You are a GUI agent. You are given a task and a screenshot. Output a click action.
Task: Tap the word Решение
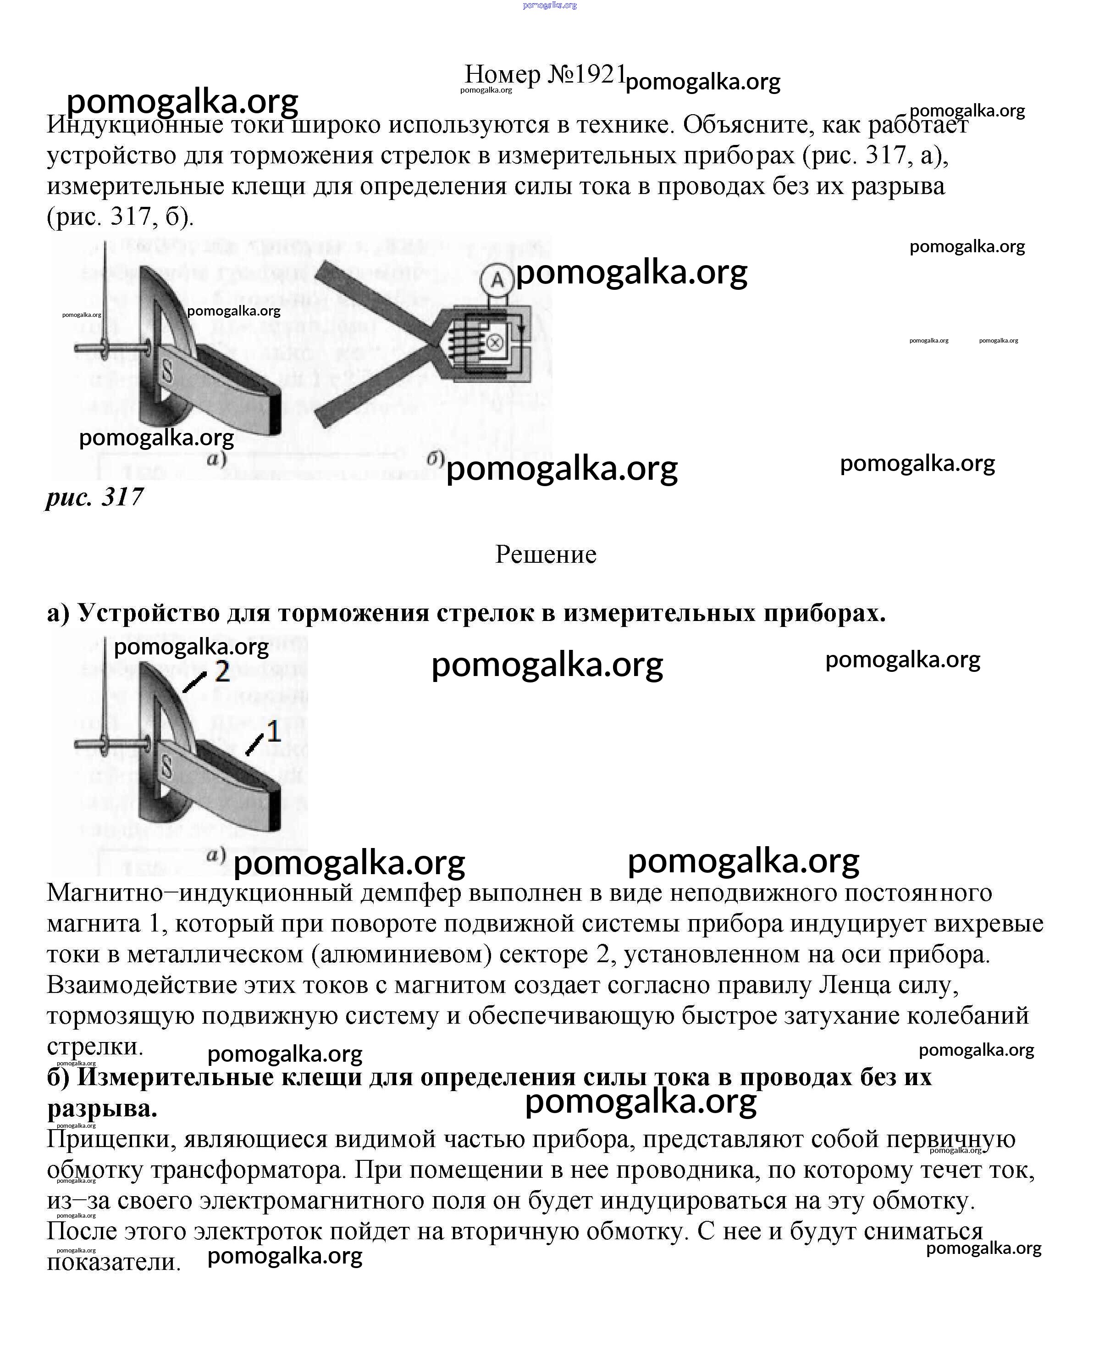click(x=545, y=554)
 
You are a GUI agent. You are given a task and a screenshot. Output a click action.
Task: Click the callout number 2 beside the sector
click(x=221, y=672)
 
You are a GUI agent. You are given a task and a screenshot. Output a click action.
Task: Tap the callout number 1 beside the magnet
click(x=273, y=732)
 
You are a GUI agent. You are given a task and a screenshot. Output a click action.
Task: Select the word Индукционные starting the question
click(x=133, y=125)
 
